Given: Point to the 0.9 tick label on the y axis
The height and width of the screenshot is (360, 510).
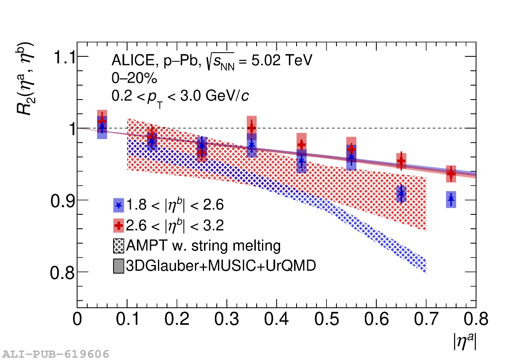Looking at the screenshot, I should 63,200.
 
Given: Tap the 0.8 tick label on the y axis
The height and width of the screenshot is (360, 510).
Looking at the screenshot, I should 63,272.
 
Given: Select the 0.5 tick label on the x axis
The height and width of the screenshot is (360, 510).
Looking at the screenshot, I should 327,320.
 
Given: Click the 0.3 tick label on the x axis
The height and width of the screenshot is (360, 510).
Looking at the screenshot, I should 227,320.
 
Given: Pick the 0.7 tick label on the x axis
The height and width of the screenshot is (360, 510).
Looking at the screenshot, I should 427,320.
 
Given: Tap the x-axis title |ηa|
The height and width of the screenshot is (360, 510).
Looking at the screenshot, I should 465,341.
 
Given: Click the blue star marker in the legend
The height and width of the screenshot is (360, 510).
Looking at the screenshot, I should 118,205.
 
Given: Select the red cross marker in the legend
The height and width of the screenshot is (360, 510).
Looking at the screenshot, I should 118,225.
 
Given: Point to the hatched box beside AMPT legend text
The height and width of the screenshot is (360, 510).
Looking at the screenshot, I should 118,246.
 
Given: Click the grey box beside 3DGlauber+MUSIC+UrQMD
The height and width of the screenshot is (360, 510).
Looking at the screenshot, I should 118,266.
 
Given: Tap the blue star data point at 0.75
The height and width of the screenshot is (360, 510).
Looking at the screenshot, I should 451,200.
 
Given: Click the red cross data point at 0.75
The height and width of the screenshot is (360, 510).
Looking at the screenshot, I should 451,174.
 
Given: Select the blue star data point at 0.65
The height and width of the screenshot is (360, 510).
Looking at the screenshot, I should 401,194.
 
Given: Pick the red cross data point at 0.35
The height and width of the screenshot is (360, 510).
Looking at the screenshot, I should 252,128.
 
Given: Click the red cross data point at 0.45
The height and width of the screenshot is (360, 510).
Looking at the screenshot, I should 301,145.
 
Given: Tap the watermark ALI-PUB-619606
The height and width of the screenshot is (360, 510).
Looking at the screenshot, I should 56,354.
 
